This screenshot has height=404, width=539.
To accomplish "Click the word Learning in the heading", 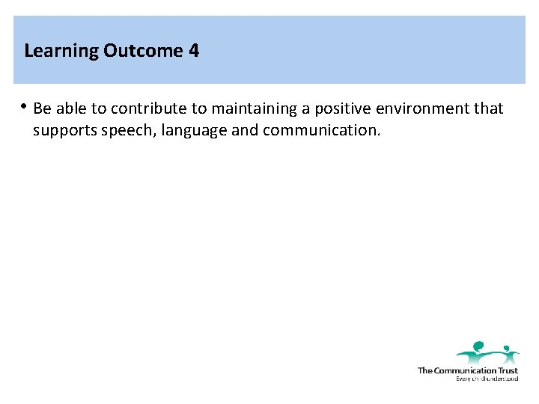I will pos(62,52).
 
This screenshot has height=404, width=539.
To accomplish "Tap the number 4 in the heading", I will pos(194,51).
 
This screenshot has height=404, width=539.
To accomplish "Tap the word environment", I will pos(424,109).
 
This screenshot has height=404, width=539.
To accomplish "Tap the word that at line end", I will pos(490,109).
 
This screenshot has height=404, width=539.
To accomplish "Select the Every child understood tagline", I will pos(487,379).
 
